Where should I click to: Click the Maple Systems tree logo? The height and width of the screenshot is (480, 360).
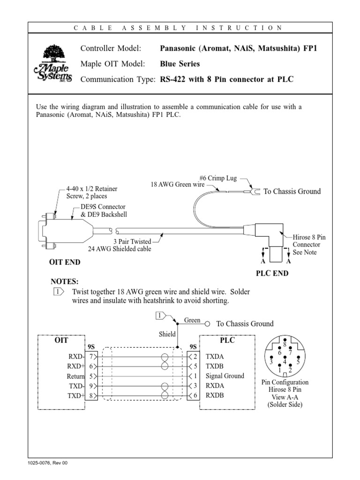click(x=52, y=64)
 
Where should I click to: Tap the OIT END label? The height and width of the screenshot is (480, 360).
click(x=65, y=262)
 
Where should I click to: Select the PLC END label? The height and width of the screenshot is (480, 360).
click(x=272, y=274)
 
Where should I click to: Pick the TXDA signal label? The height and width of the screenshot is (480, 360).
click(x=215, y=356)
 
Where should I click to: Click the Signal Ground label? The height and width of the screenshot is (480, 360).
click(x=225, y=376)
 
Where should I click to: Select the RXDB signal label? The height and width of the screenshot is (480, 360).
click(x=215, y=395)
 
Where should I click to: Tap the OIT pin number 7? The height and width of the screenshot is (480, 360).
click(x=91, y=356)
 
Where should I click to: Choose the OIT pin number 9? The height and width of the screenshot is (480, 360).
click(x=91, y=386)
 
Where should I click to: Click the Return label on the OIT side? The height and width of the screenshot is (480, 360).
click(x=75, y=376)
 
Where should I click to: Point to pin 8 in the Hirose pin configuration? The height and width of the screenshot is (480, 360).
click(x=285, y=345)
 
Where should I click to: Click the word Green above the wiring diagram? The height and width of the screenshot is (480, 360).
click(x=192, y=320)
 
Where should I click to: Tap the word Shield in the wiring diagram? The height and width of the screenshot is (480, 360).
click(x=167, y=334)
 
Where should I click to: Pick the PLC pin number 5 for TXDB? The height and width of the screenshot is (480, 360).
click(x=195, y=366)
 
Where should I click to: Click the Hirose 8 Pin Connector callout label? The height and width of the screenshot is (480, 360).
click(x=309, y=245)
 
